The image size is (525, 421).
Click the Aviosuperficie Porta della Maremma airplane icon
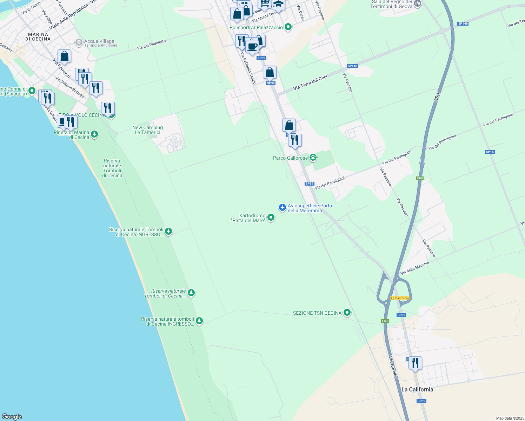tap(283, 207)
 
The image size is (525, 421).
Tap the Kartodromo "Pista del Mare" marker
tap(271, 218)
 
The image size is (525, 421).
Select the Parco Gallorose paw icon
tap(313, 158)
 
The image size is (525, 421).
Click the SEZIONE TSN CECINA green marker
tap(347, 312)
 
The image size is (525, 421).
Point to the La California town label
tap(417, 389)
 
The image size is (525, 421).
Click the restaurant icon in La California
tap(415, 363)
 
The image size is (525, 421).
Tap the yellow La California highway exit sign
tap(400, 298)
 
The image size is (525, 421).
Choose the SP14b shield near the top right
tap(463, 24)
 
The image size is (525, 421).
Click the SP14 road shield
tap(490, 152)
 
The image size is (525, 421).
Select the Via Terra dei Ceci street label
tap(310, 82)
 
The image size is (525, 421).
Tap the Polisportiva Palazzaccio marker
tap(288, 27)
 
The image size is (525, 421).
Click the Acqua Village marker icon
tap(79, 42)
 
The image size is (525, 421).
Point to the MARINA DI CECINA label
tap(38, 37)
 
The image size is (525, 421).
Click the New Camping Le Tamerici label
tap(147, 130)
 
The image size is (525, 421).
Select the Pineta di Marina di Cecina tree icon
tap(94, 134)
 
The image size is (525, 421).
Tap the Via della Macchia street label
tap(414, 268)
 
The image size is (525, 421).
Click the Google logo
tap(12, 417)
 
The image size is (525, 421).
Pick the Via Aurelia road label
tap(393, 367)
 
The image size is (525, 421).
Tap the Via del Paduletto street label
tap(151, 45)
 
